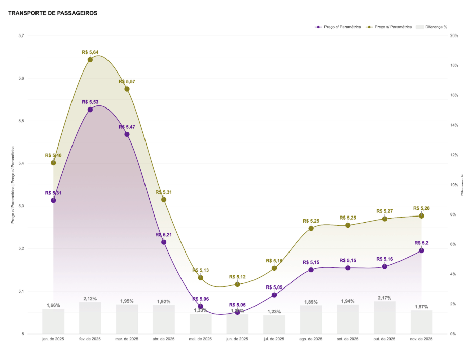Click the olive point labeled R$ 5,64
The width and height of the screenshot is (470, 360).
(90, 60)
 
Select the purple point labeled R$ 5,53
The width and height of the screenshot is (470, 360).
(90, 110)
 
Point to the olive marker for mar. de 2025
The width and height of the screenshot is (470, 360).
(127, 89)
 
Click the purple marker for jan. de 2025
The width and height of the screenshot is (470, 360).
(53, 200)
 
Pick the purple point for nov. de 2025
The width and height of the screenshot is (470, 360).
(421, 250)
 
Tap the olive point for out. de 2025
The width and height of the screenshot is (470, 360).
(385, 219)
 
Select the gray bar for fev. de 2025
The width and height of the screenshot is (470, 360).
(90, 318)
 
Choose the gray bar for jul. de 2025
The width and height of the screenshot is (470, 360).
(274, 325)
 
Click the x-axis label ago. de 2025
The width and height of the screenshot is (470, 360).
(311, 339)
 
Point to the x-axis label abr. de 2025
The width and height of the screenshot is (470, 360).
(164, 339)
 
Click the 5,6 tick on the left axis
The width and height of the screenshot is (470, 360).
(21, 79)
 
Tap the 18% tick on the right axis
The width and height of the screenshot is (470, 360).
(454, 66)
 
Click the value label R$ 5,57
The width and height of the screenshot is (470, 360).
(127, 82)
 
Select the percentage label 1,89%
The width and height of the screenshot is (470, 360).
(311, 302)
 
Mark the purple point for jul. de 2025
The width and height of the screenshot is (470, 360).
(274, 295)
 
